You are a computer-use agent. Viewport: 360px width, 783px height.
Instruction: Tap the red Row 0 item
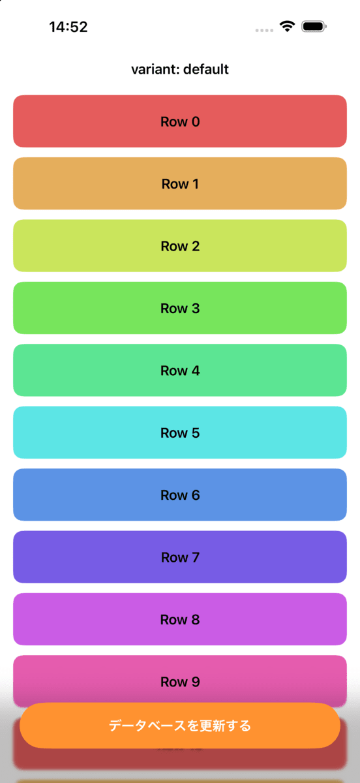coord(180,121)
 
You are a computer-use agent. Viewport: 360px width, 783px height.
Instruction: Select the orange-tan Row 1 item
coord(180,183)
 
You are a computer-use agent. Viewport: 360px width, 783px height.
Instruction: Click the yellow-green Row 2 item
coord(180,246)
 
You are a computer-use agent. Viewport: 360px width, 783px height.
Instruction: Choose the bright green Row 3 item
coord(180,308)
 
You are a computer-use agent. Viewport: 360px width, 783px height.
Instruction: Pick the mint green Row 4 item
coord(180,370)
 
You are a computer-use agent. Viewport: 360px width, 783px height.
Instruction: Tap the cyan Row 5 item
coord(180,433)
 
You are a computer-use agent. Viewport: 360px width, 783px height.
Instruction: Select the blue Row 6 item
coord(180,495)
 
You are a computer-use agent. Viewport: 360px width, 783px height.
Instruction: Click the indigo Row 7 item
coord(180,557)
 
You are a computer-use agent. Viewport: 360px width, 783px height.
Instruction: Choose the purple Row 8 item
coord(180,619)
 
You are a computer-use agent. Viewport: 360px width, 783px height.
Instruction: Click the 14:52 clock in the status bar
coord(68,27)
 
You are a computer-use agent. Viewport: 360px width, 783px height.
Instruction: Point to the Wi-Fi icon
coord(287,26)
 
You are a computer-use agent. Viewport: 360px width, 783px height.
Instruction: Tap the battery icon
coord(314,26)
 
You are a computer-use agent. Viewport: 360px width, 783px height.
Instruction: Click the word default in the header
coord(206,69)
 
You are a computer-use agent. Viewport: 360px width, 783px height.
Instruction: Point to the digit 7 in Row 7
coord(196,557)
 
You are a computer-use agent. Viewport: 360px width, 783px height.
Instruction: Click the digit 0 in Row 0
coord(196,121)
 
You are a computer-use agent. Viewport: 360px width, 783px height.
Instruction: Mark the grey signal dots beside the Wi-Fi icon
coord(264,31)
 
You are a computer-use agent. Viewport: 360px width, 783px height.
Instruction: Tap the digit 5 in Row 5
coord(196,433)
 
